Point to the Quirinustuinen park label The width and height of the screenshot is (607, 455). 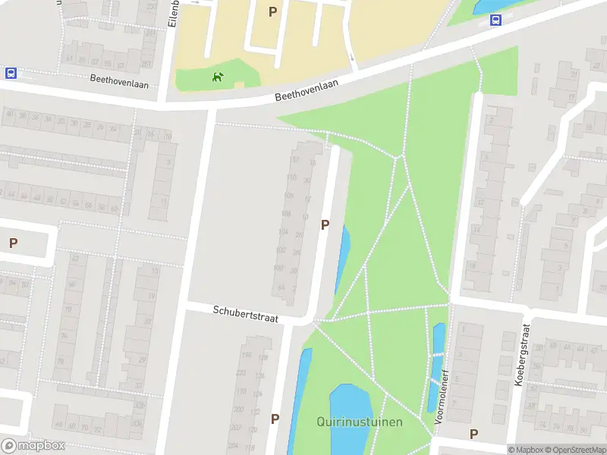(360, 422)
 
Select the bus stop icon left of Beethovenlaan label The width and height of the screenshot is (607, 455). (11, 74)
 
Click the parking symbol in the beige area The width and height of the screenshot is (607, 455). (272, 11)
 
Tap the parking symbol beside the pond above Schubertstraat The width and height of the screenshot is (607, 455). (325, 224)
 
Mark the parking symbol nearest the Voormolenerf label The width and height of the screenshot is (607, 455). (473, 434)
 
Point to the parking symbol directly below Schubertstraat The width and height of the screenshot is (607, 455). (275, 419)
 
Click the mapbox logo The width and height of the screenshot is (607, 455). (33, 446)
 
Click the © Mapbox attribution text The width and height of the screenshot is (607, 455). (525, 450)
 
